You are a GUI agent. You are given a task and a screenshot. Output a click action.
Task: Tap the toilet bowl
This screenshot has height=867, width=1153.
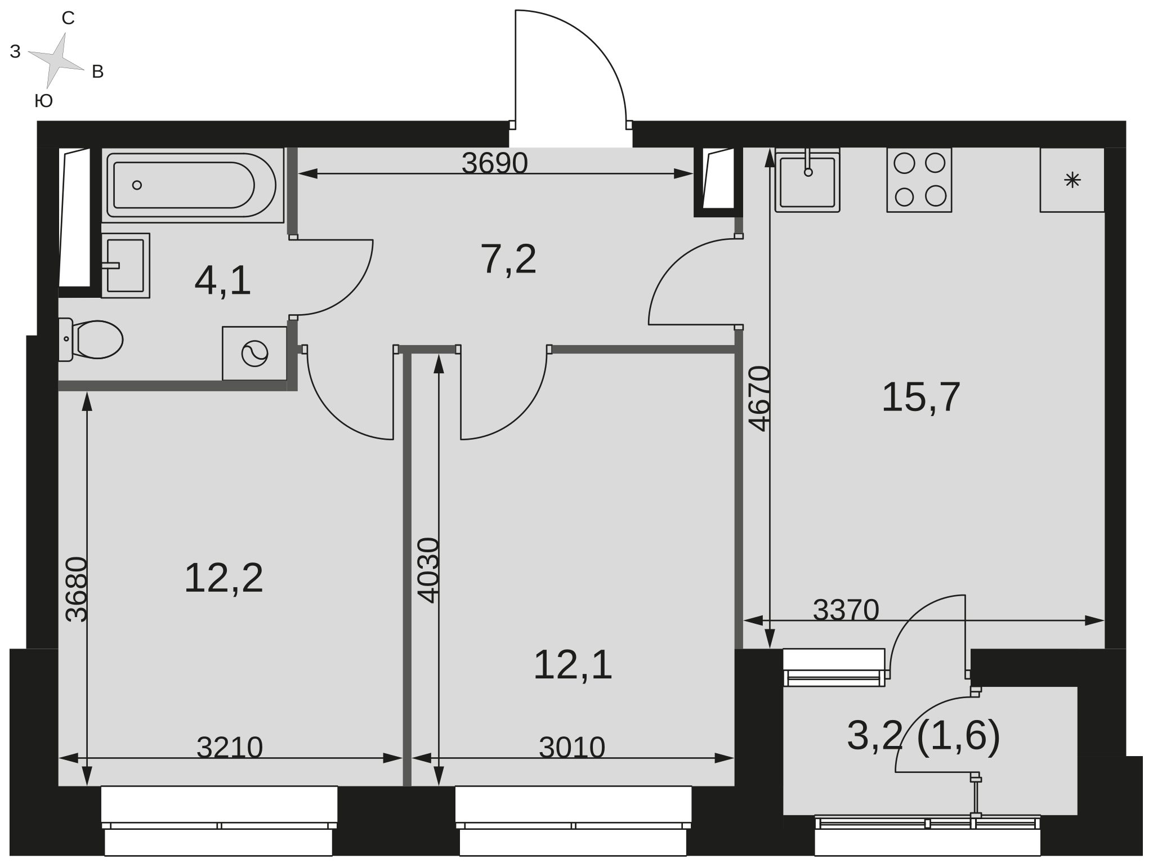[x=91, y=339]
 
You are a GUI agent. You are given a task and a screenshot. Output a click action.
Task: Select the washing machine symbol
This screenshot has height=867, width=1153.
[x=254, y=354]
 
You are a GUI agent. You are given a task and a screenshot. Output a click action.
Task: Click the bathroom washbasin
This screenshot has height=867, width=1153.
[x=126, y=266]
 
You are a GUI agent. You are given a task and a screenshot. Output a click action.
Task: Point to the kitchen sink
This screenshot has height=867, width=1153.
[x=807, y=180]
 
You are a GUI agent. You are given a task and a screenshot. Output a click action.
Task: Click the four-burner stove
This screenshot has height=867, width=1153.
[x=919, y=180]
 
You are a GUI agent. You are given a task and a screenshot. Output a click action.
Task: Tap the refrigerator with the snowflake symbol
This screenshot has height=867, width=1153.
[x=1072, y=180]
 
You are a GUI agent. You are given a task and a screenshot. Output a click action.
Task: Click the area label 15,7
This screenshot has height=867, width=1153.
[x=920, y=397]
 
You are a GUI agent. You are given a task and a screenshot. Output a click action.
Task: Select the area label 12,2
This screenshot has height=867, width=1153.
[x=224, y=578]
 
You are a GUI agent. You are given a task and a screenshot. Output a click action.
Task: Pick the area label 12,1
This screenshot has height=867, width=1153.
[x=573, y=665]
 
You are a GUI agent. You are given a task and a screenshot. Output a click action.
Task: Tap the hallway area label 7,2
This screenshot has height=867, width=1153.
[x=508, y=259]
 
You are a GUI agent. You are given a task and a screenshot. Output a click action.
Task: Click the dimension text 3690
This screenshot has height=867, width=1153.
[x=495, y=163]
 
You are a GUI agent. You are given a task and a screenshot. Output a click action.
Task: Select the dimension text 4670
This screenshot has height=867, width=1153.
[x=759, y=399]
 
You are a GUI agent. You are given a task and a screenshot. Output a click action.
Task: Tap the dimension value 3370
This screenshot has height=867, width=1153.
[x=846, y=610]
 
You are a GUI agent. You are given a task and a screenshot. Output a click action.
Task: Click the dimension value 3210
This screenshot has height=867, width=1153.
[x=230, y=748]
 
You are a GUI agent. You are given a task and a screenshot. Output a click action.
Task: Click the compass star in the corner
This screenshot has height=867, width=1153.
[x=56, y=60]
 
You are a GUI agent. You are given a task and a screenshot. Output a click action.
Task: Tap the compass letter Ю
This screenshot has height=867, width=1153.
[x=44, y=101]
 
